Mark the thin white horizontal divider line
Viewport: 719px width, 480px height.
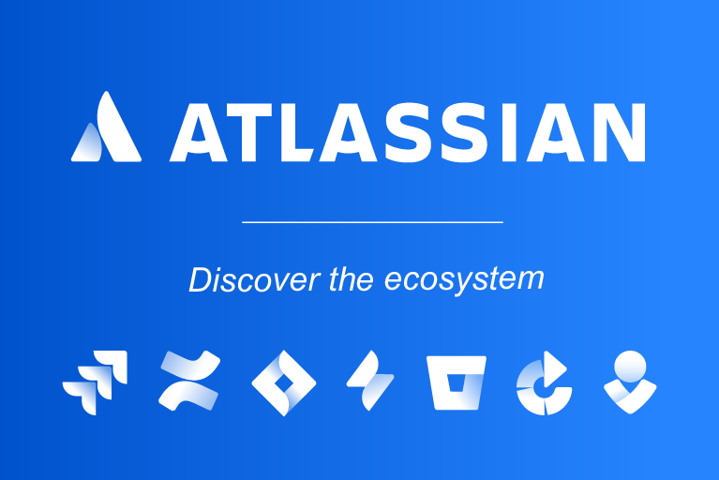[372, 222]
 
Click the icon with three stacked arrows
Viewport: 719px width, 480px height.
[95, 382]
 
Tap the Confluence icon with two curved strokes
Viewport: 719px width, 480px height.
[189, 382]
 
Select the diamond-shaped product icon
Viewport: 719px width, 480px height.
[284, 382]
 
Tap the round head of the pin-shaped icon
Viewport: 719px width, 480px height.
[630, 364]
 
